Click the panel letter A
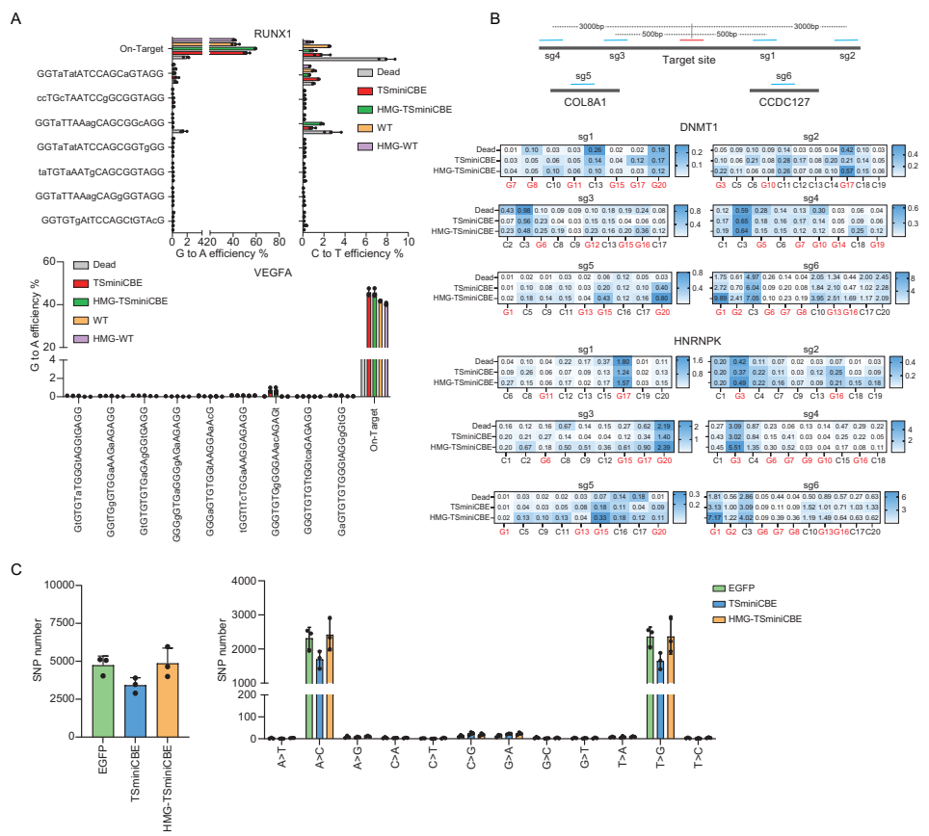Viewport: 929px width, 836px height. (15, 18)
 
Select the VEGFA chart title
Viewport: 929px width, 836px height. (274, 273)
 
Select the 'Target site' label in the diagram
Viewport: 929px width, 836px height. (692, 60)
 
